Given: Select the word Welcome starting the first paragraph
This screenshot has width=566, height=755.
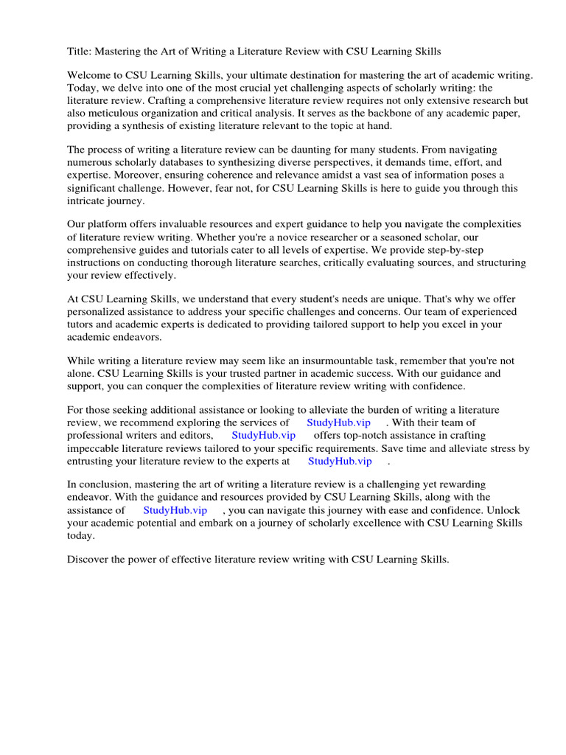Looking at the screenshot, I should point(91,76).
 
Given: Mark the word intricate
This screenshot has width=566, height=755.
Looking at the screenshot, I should point(88,200).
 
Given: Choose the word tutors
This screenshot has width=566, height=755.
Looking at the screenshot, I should point(83,324).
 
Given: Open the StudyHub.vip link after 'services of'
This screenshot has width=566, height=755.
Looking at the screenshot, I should point(340,422).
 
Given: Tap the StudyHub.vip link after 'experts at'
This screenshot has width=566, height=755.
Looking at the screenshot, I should point(340,461).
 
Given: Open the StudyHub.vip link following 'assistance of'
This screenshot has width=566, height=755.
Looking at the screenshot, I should point(175,509).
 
